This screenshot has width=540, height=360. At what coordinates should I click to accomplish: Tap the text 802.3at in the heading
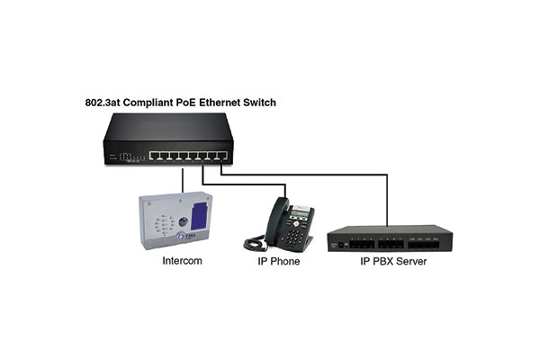point(103,103)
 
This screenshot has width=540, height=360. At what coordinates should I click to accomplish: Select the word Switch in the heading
point(260,103)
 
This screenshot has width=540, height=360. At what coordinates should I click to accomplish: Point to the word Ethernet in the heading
point(220,103)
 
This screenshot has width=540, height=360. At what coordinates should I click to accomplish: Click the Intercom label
point(182,261)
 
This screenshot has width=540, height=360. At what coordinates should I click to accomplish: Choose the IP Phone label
point(279,262)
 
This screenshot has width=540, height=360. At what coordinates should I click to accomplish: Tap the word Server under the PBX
point(411,262)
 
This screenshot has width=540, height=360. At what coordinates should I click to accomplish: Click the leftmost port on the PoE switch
point(154,156)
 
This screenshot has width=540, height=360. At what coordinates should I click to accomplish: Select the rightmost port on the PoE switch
point(222,156)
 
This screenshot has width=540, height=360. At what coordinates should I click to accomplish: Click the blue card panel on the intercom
point(200,216)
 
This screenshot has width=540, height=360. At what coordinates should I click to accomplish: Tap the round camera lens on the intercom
point(184,221)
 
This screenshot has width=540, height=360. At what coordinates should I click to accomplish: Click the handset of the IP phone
point(275,220)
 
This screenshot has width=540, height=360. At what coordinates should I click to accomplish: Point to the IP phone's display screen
point(300,214)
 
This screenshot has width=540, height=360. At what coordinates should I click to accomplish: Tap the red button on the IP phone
point(283,238)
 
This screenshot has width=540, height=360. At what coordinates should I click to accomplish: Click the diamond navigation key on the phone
point(296,224)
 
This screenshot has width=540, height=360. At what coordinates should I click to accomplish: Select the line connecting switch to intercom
point(183,180)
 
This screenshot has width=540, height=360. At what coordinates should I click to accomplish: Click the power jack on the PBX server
point(341,245)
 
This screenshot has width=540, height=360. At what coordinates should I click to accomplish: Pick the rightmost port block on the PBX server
point(424,245)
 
